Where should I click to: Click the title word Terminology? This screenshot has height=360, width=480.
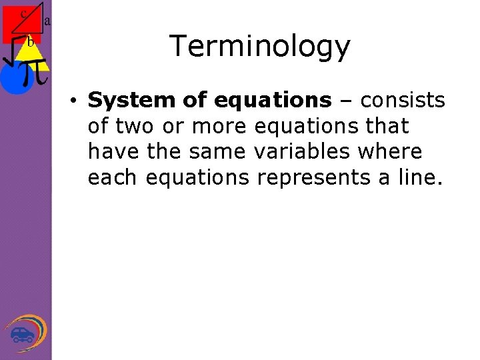coord(259,47)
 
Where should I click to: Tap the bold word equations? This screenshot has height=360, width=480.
coord(272,100)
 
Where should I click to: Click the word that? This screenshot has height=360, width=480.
coord(385,126)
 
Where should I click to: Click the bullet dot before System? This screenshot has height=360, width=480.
coord(77,101)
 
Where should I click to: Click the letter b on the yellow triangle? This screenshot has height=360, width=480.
coord(29,42)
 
